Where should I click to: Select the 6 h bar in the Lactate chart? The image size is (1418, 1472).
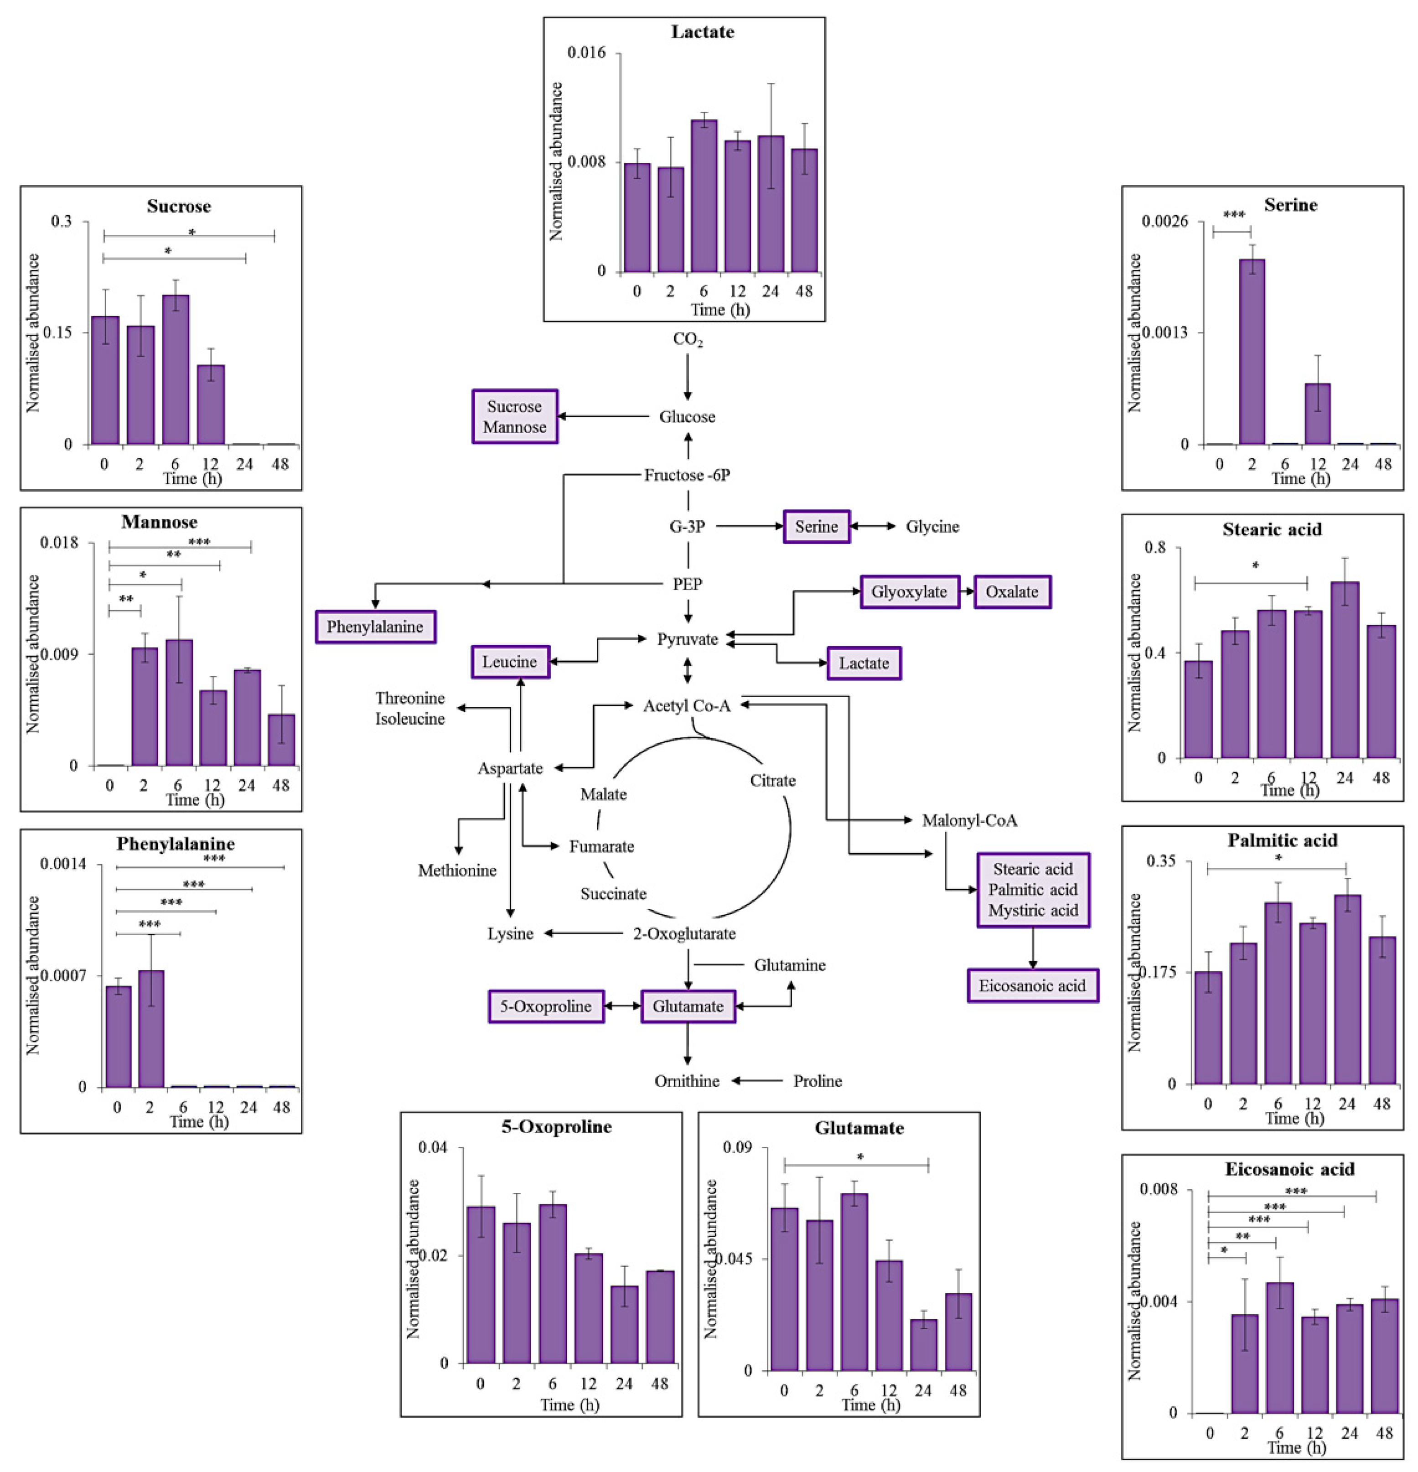704,196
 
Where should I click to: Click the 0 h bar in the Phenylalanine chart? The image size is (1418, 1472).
118,1037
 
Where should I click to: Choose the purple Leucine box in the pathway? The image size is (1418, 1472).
510,662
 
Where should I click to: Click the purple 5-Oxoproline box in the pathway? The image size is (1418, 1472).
546,1006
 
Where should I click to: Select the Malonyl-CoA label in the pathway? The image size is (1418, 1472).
969,820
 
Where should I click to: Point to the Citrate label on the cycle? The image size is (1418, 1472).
772,780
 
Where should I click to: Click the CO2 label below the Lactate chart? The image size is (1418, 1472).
687,339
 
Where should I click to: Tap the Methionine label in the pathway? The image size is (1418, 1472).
457,871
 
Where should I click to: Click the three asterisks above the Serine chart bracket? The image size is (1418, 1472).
1233,216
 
